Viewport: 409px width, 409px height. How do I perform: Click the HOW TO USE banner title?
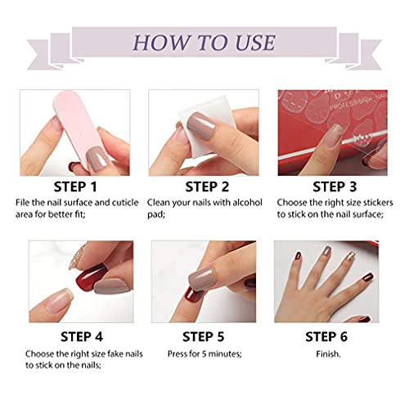coord(204,40)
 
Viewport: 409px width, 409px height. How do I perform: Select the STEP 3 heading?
coord(327,187)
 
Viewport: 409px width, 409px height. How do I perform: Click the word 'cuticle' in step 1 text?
coord(110,201)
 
